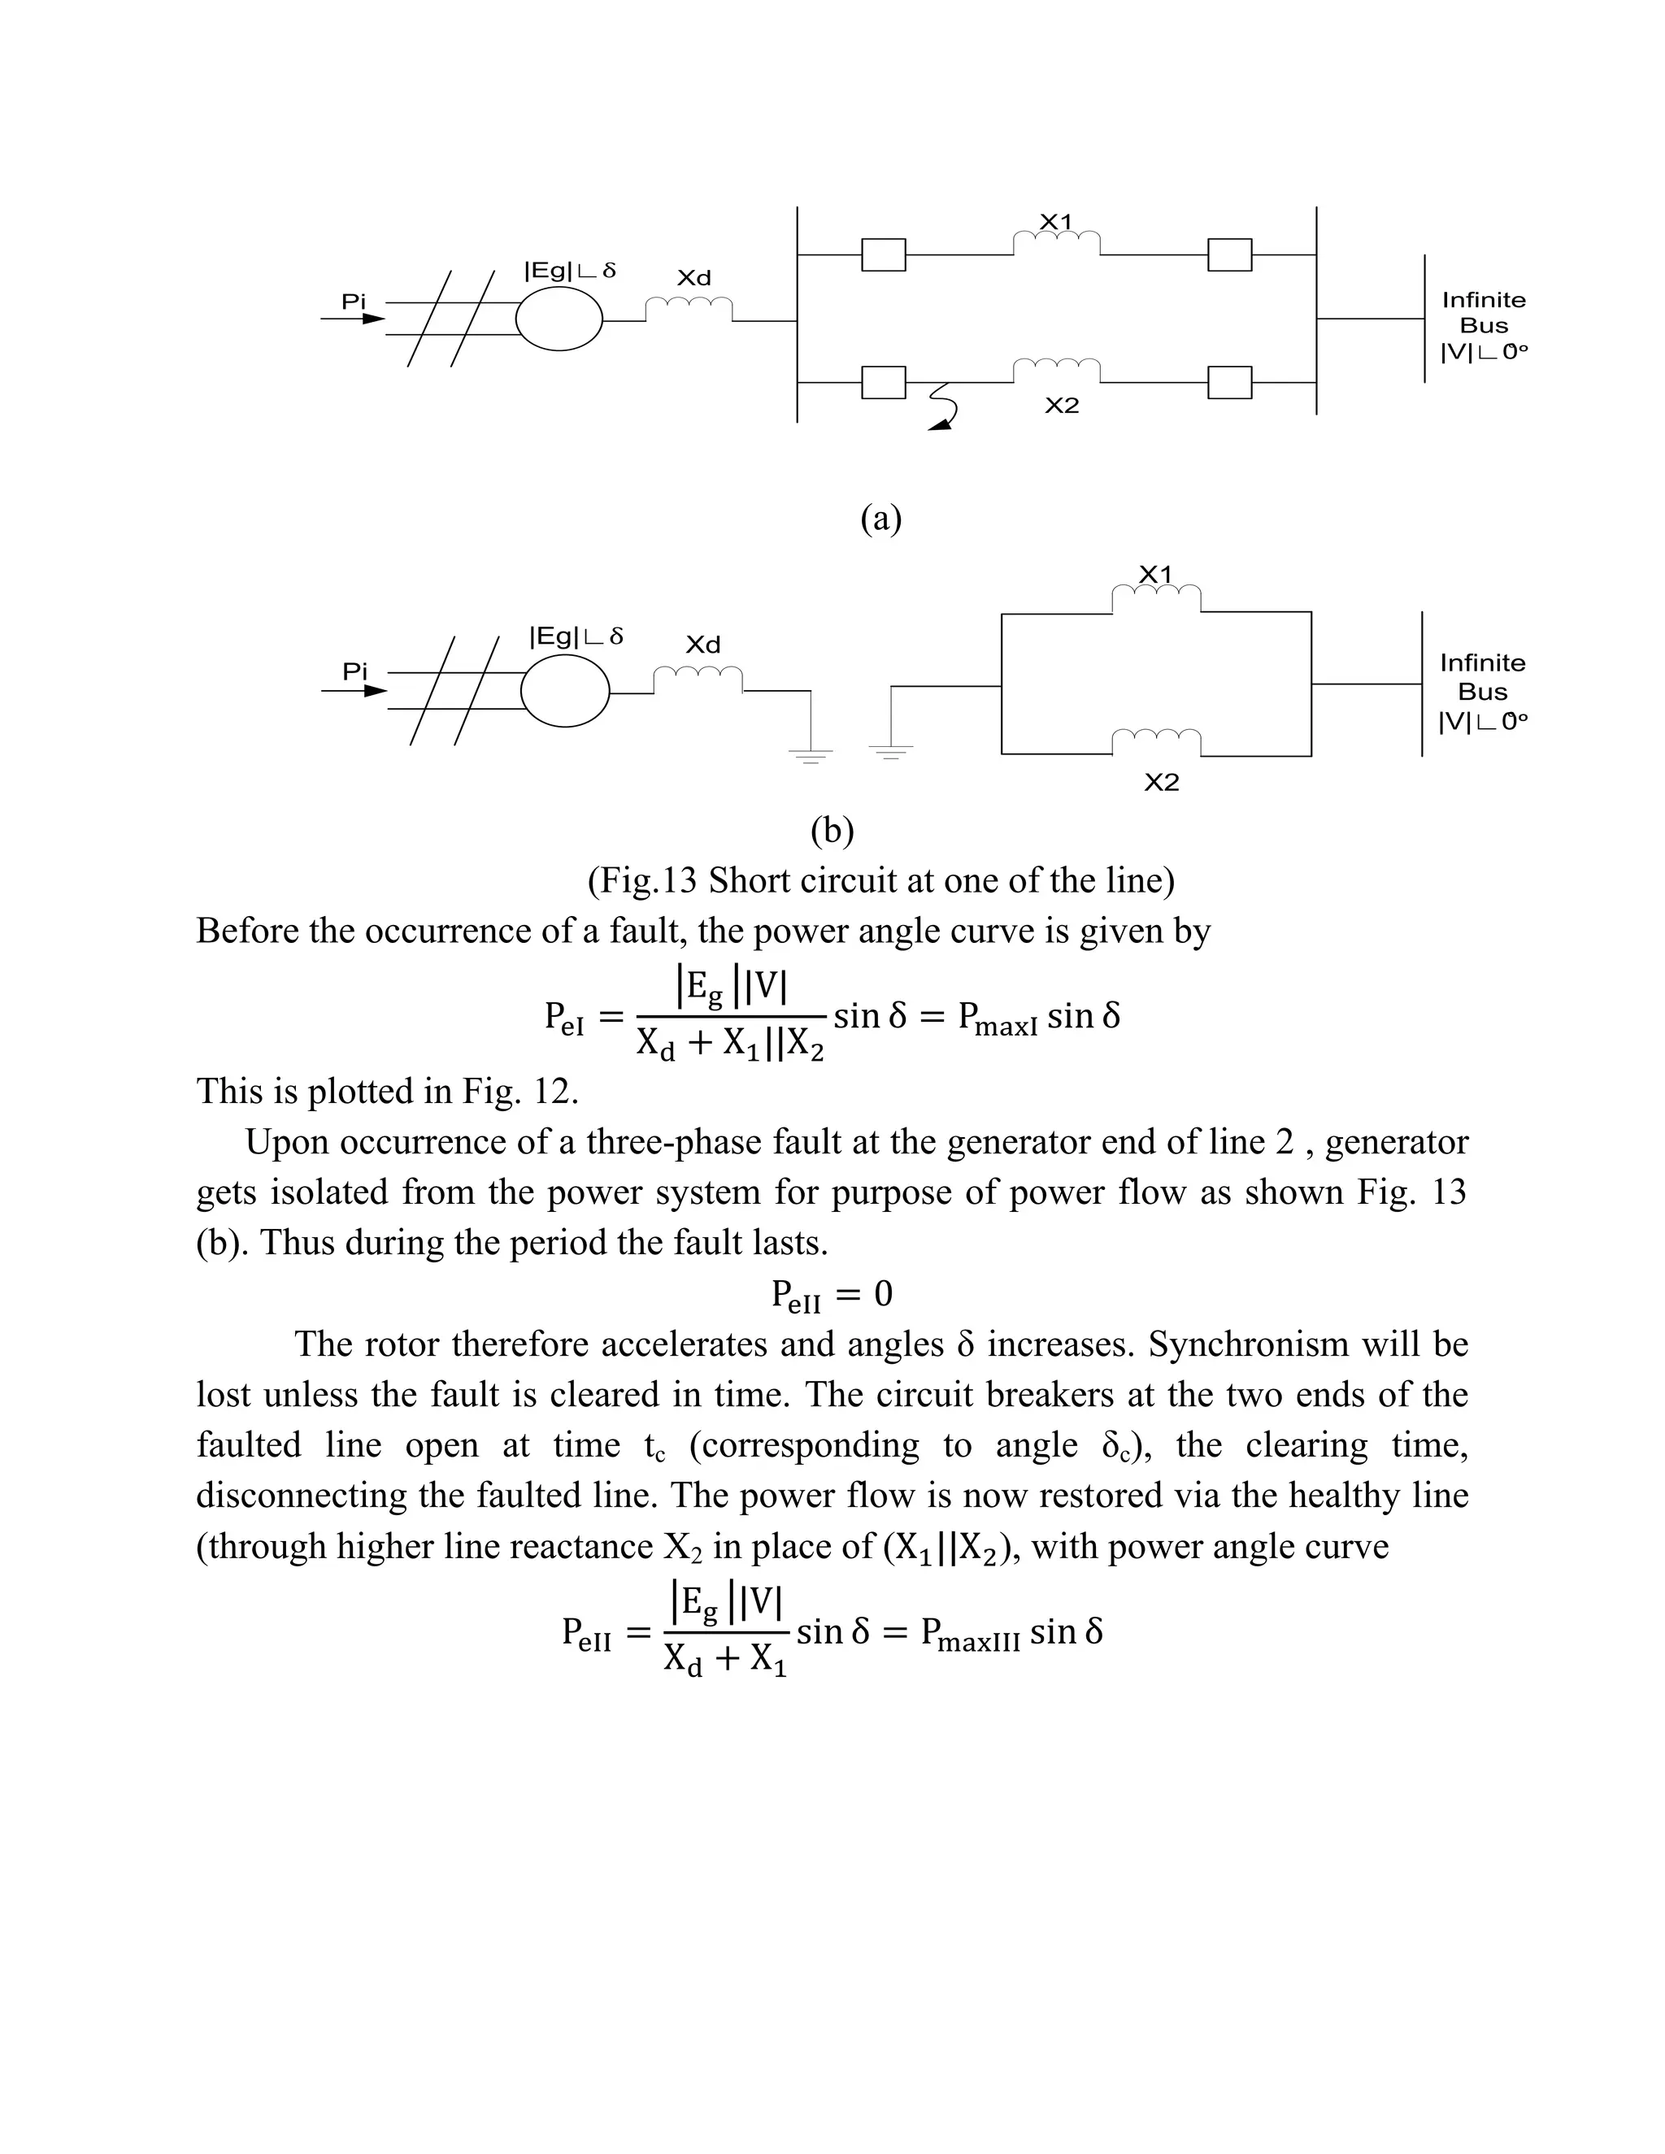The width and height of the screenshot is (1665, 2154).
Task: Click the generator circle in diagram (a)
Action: [559, 319]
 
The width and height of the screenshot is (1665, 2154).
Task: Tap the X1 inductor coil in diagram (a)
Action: [1056, 241]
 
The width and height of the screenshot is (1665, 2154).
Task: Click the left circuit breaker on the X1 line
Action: [883, 254]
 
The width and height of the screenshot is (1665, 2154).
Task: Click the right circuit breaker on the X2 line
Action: [1229, 382]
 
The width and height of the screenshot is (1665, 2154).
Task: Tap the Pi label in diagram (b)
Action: [354, 671]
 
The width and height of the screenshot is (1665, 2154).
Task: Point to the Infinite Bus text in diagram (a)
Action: [1483, 313]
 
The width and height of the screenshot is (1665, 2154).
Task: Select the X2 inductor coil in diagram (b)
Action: [1156, 740]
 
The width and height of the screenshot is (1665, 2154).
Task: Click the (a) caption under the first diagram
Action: [880, 518]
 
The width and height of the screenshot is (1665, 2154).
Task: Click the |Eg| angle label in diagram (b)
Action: [576, 637]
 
